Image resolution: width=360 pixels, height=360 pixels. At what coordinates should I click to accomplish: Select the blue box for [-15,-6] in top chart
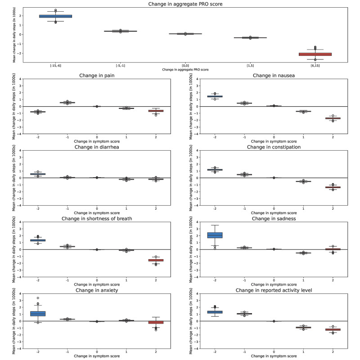click(x=55, y=16)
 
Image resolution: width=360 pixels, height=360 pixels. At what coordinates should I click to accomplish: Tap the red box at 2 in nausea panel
click(x=333, y=118)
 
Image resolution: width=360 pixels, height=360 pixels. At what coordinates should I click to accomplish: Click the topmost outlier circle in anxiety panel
click(x=38, y=298)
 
